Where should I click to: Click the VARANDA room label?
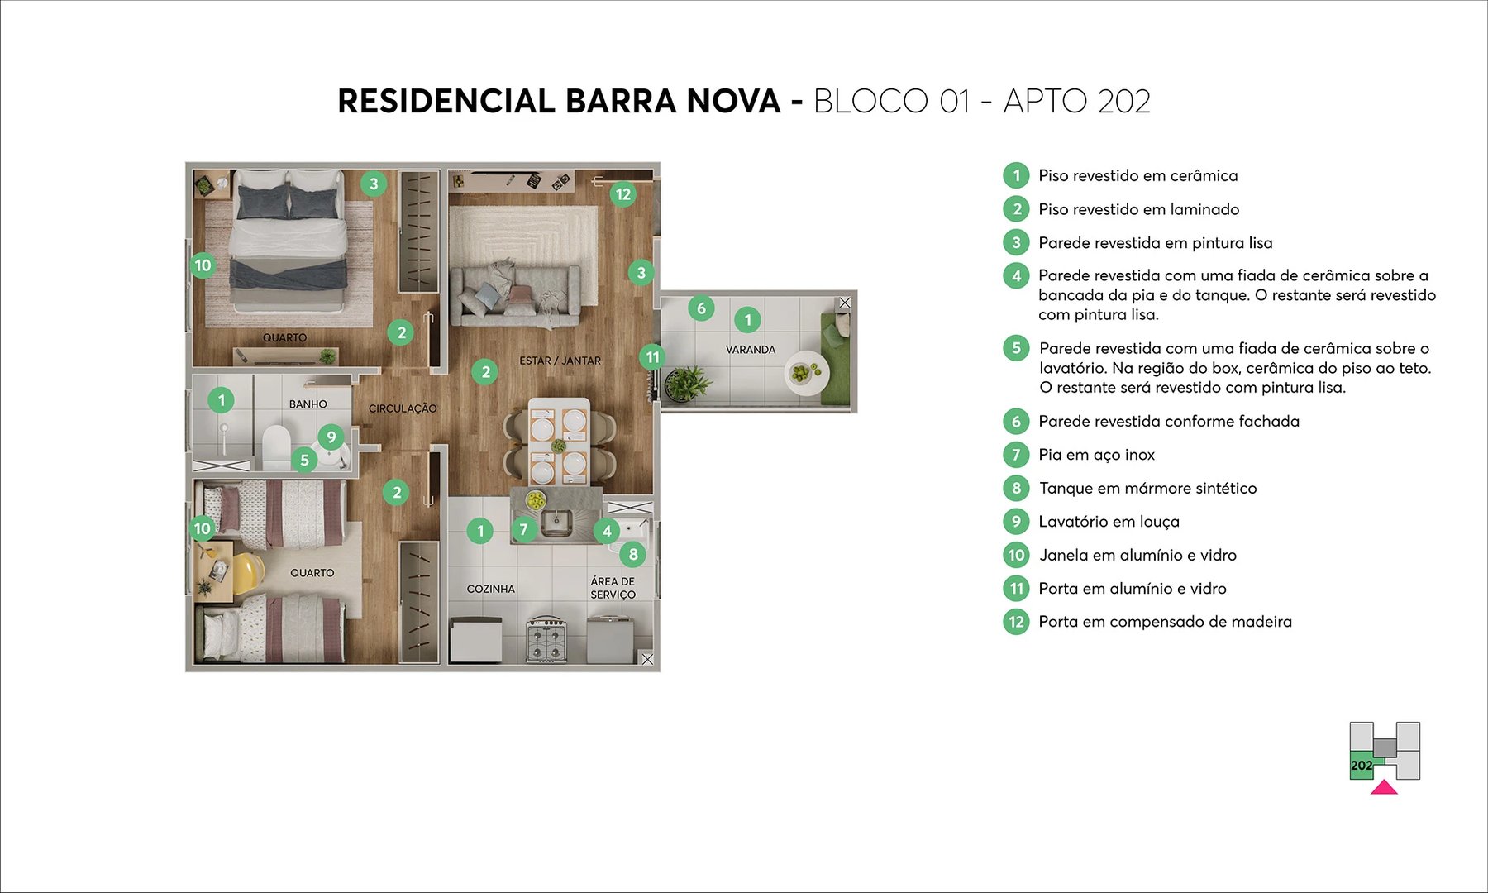click(750, 350)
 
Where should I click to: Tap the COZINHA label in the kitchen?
click(490, 589)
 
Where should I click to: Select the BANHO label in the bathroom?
click(308, 404)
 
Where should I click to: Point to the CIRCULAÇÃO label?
click(403, 408)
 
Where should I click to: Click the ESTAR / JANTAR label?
click(560, 361)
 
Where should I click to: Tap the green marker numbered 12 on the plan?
click(622, 194)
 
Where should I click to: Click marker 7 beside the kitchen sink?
click(523, 529)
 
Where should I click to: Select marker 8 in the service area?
click(633, 554)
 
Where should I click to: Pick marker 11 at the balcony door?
click(652, 357)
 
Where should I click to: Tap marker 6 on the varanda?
click(701, 308)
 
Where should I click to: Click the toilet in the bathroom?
click(275, 446)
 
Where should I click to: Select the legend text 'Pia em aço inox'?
click(1096, 455)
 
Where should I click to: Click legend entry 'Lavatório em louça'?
click(1109, 522)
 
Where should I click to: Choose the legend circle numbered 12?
click(1016, 622)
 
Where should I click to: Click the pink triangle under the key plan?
click(1384, 787)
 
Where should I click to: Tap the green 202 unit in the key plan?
click(1362, 766)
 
